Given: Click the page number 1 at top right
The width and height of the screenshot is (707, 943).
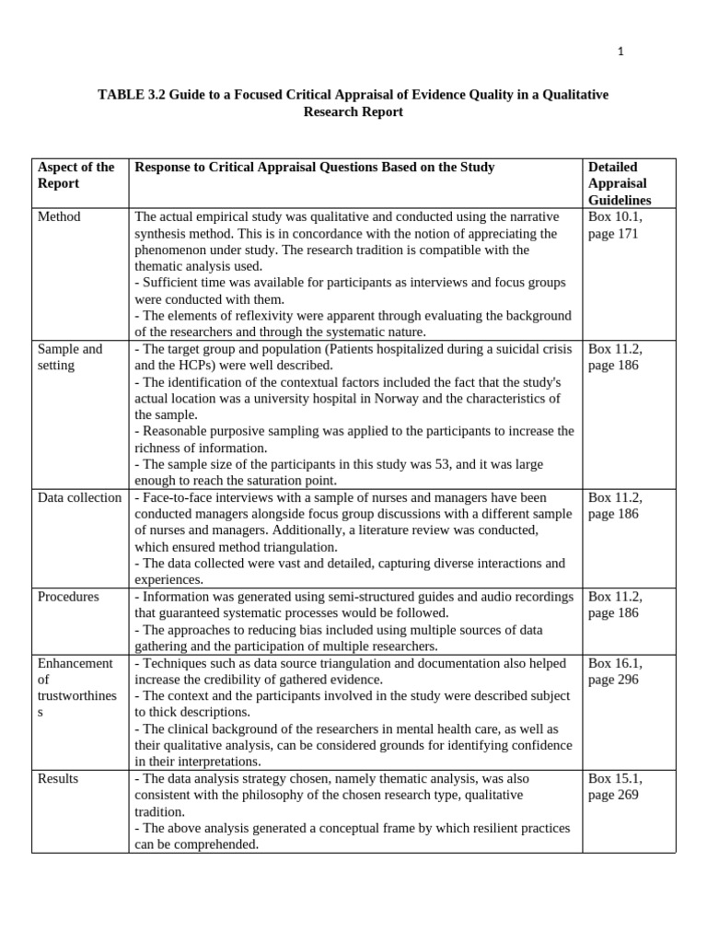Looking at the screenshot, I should point(620,52).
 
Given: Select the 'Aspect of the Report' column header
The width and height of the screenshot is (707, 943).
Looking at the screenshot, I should point(76,175).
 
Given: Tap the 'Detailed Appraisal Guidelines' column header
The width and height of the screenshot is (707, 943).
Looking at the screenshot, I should point(620,183).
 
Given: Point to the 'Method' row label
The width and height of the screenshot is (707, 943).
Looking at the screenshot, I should point(59,216).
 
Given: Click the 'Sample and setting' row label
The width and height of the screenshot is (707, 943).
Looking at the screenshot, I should point(70,357).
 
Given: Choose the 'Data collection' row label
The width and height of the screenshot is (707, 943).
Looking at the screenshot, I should point(79,497).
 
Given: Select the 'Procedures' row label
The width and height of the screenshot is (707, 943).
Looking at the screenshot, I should point(68,597).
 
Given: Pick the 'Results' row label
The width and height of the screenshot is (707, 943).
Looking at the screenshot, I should point(58,779).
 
